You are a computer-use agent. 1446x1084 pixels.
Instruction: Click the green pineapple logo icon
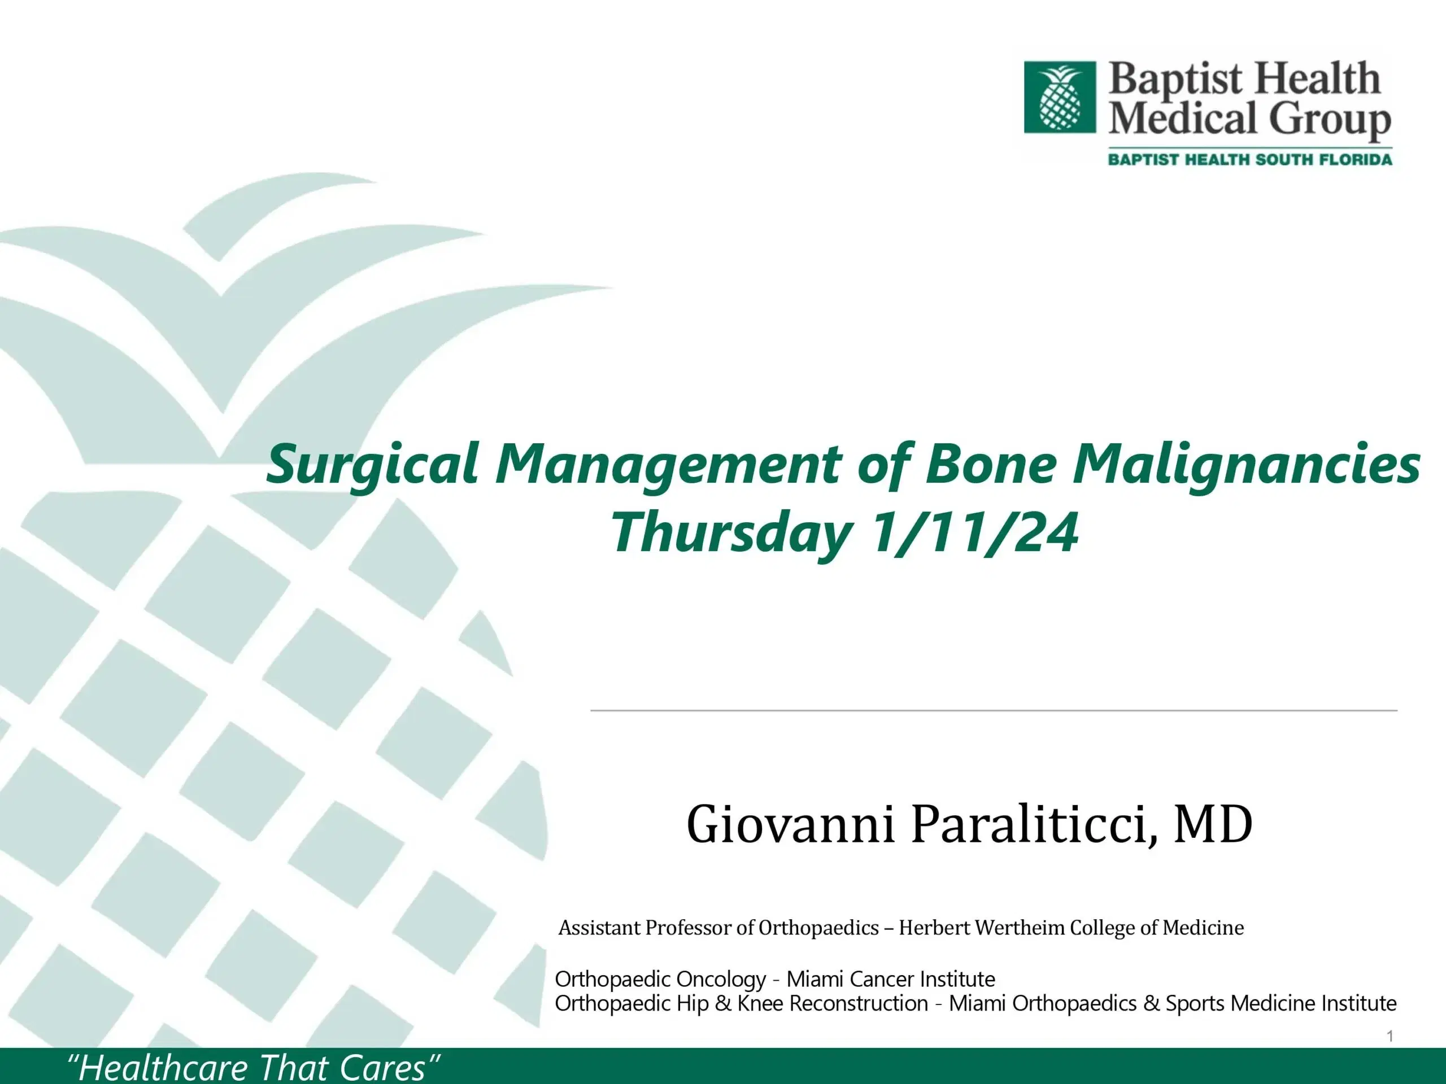1060,97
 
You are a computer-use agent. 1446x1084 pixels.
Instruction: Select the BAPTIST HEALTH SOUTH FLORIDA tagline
1249,159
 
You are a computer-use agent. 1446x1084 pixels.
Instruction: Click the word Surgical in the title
373,465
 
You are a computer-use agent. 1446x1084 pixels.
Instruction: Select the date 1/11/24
974,532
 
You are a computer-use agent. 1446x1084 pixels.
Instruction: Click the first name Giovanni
790,825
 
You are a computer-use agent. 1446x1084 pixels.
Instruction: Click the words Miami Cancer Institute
890,979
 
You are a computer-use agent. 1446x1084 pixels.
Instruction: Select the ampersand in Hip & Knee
723,1003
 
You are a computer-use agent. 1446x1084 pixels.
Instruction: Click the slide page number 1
1390,1037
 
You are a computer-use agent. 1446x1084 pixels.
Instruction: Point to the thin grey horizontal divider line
994,710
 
